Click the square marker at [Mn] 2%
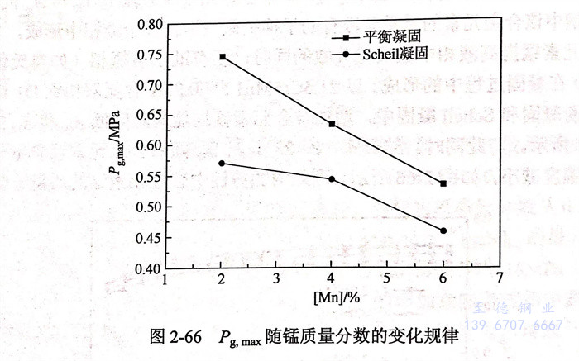click(x=222, y=57)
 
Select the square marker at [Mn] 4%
click(x=332, y=124)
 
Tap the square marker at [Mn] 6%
click(x=443, y=183)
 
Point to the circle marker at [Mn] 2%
click(x=222, y=164)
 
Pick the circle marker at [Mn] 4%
click(x=332, y=179)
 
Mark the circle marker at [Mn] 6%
click(x=443, y=231)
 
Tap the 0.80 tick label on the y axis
click(x=150, y=25)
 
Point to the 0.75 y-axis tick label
click(x=150, y=55)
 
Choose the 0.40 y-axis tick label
click(x=150, y=268)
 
